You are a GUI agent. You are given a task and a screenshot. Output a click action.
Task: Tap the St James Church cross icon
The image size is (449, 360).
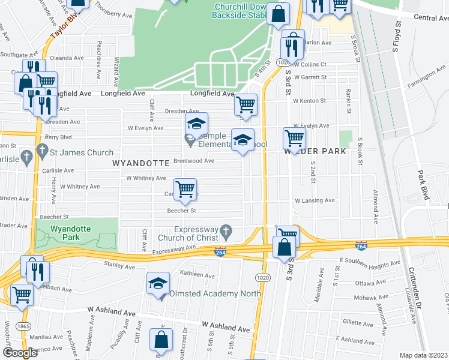tap(42, 153)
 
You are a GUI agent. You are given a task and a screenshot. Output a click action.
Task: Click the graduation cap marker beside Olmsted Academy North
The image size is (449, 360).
tap(157, 283)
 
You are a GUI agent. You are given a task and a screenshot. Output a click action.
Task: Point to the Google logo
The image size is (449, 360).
tap(20, 353)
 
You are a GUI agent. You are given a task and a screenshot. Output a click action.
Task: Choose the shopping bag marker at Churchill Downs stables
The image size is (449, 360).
tap(279, 15)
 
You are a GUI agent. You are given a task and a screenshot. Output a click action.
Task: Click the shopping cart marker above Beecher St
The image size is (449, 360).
tap(185, 190)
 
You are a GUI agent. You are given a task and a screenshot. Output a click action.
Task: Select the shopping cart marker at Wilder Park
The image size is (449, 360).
tap(294, 137)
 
